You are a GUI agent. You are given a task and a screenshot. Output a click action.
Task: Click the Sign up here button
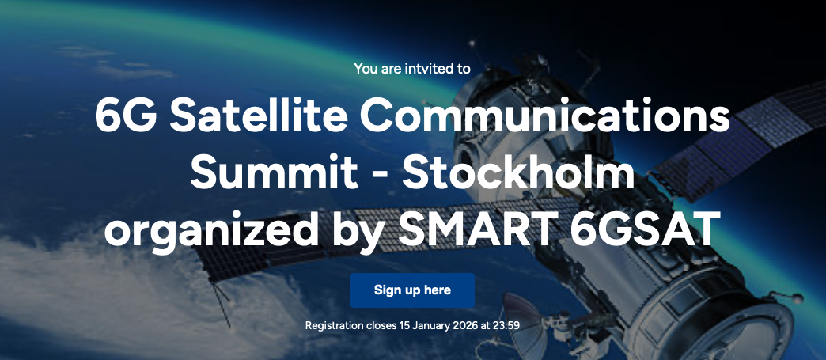(412, 290)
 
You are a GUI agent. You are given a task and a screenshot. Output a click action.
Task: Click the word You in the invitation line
(365, 68)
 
